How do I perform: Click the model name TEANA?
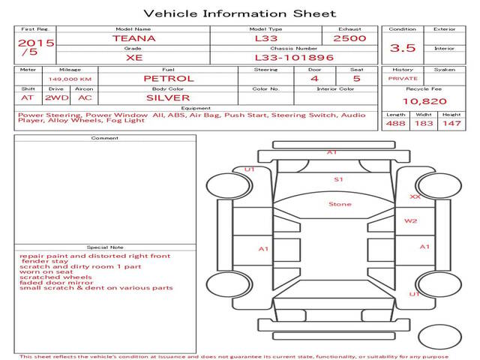click(134, 38)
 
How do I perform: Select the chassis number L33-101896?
click(294, 58)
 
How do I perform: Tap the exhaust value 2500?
click(349, 38)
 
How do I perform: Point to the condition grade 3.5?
click(403, 48)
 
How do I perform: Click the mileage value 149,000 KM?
click(70, 79)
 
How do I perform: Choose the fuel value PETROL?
click(169, 79)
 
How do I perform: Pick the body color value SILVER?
click(168, 98)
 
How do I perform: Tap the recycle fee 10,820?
click(424, 101)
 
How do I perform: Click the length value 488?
click(395, 123)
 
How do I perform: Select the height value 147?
click(451, 123)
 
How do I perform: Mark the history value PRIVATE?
click(403, 79)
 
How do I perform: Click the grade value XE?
click(134, 58)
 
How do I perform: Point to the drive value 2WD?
click(57, 98)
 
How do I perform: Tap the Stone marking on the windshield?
click(340, 204)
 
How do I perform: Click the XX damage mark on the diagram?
click(415, 196)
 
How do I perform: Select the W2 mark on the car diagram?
click(410, 221)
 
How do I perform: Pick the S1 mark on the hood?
click(338, 179)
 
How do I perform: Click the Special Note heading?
click(105, 247)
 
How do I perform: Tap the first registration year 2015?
click(36, 43)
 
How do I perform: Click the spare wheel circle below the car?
click(439, 337)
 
